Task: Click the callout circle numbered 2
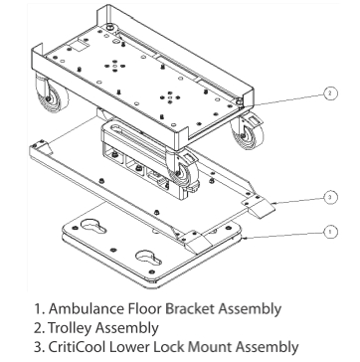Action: click(329, 93)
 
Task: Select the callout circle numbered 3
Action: click(329, 198)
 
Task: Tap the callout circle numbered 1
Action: click(330, 232)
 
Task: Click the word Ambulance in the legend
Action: click(86, 308)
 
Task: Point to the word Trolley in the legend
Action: click(70, 328)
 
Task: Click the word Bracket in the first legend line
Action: click(190, 308)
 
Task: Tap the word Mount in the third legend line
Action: click(210, 347)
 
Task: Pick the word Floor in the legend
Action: click(144, 308)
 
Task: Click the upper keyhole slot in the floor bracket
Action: click(93, 226)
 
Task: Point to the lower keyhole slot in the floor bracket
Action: click(148, 257)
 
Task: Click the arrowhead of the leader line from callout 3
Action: click(273, 202)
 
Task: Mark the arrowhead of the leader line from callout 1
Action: click(245, 238)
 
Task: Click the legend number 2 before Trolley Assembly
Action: click(39, 328)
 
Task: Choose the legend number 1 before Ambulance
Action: click(39, 308)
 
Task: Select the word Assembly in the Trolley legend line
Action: click(126, 328)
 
